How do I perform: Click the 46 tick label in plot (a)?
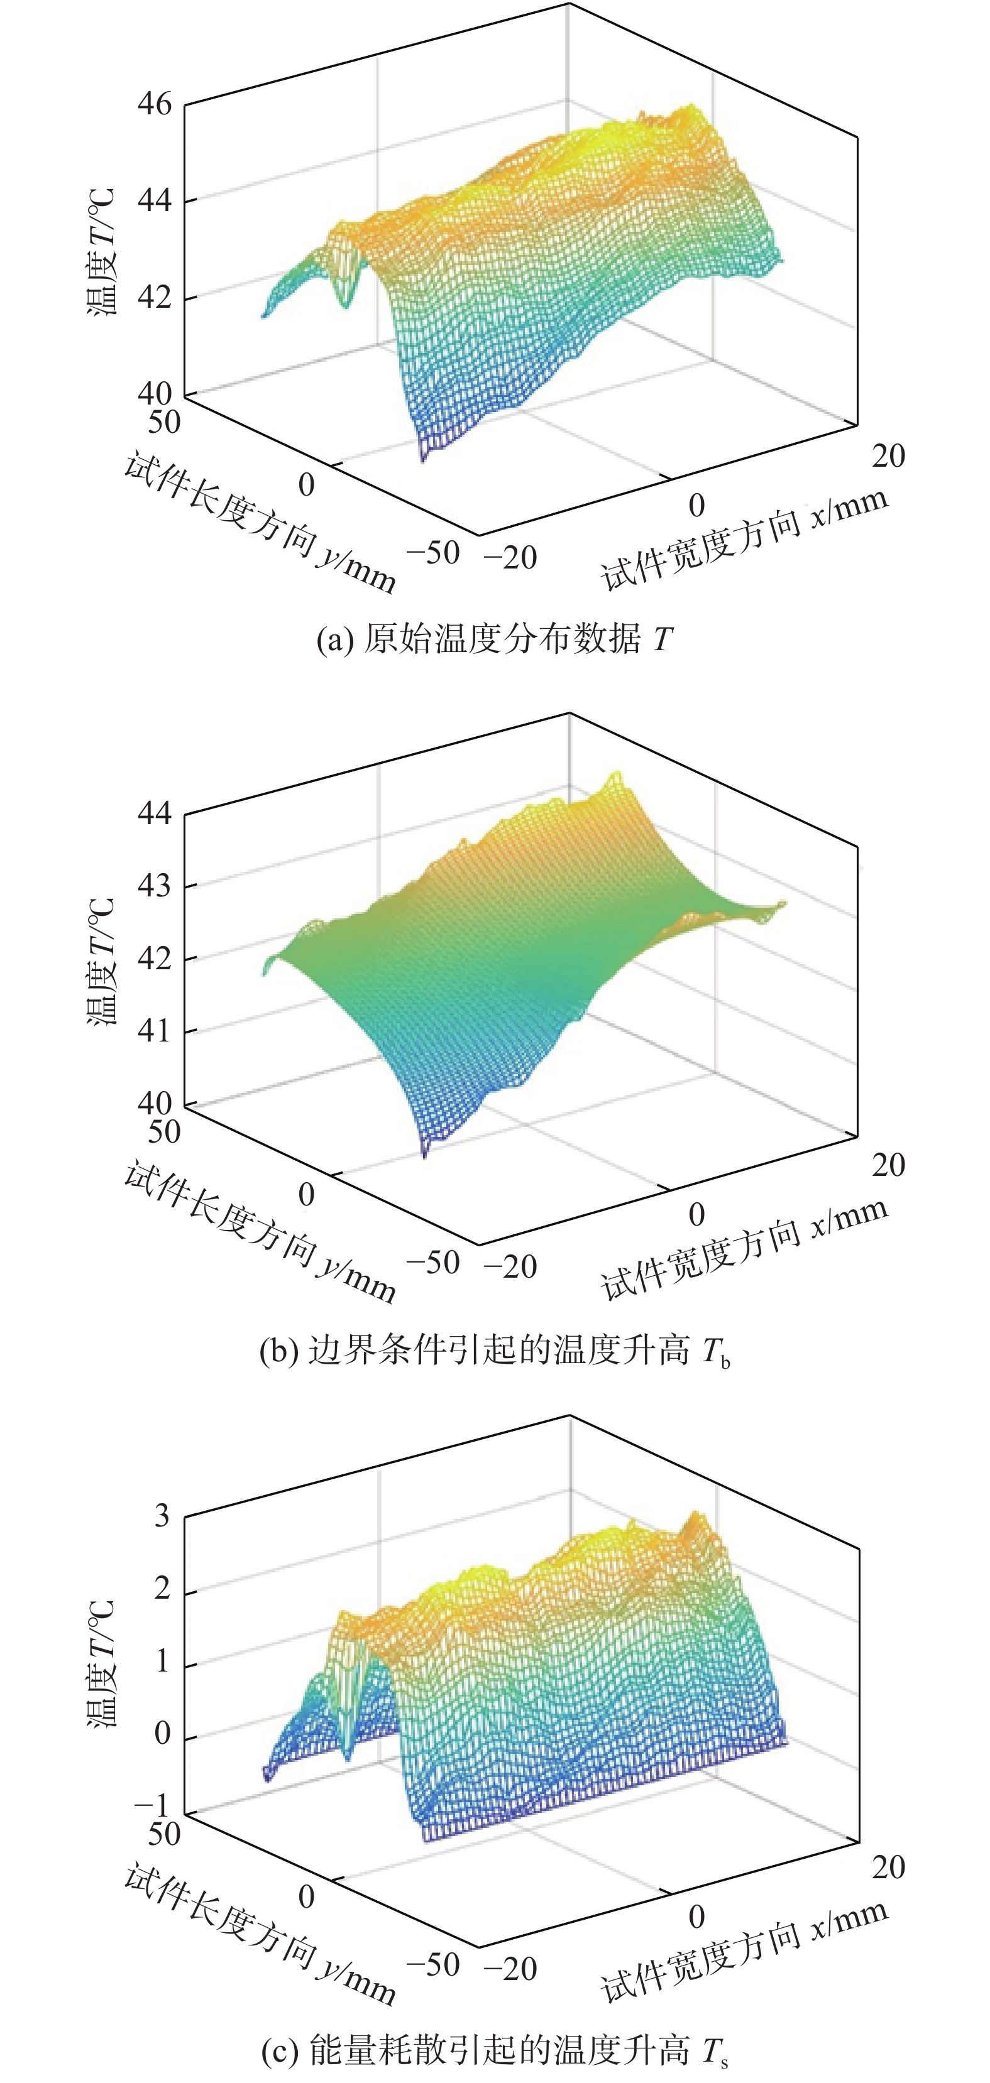click(x=155, y=104)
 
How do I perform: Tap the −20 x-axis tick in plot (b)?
click(x=510, y=1266)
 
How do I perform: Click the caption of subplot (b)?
click(x=494, y=1351)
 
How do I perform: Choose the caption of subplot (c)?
click(x=494, y=2052)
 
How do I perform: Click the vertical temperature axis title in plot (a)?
click(x=102, y=251)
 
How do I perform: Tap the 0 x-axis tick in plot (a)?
click(x=696, y=506)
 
